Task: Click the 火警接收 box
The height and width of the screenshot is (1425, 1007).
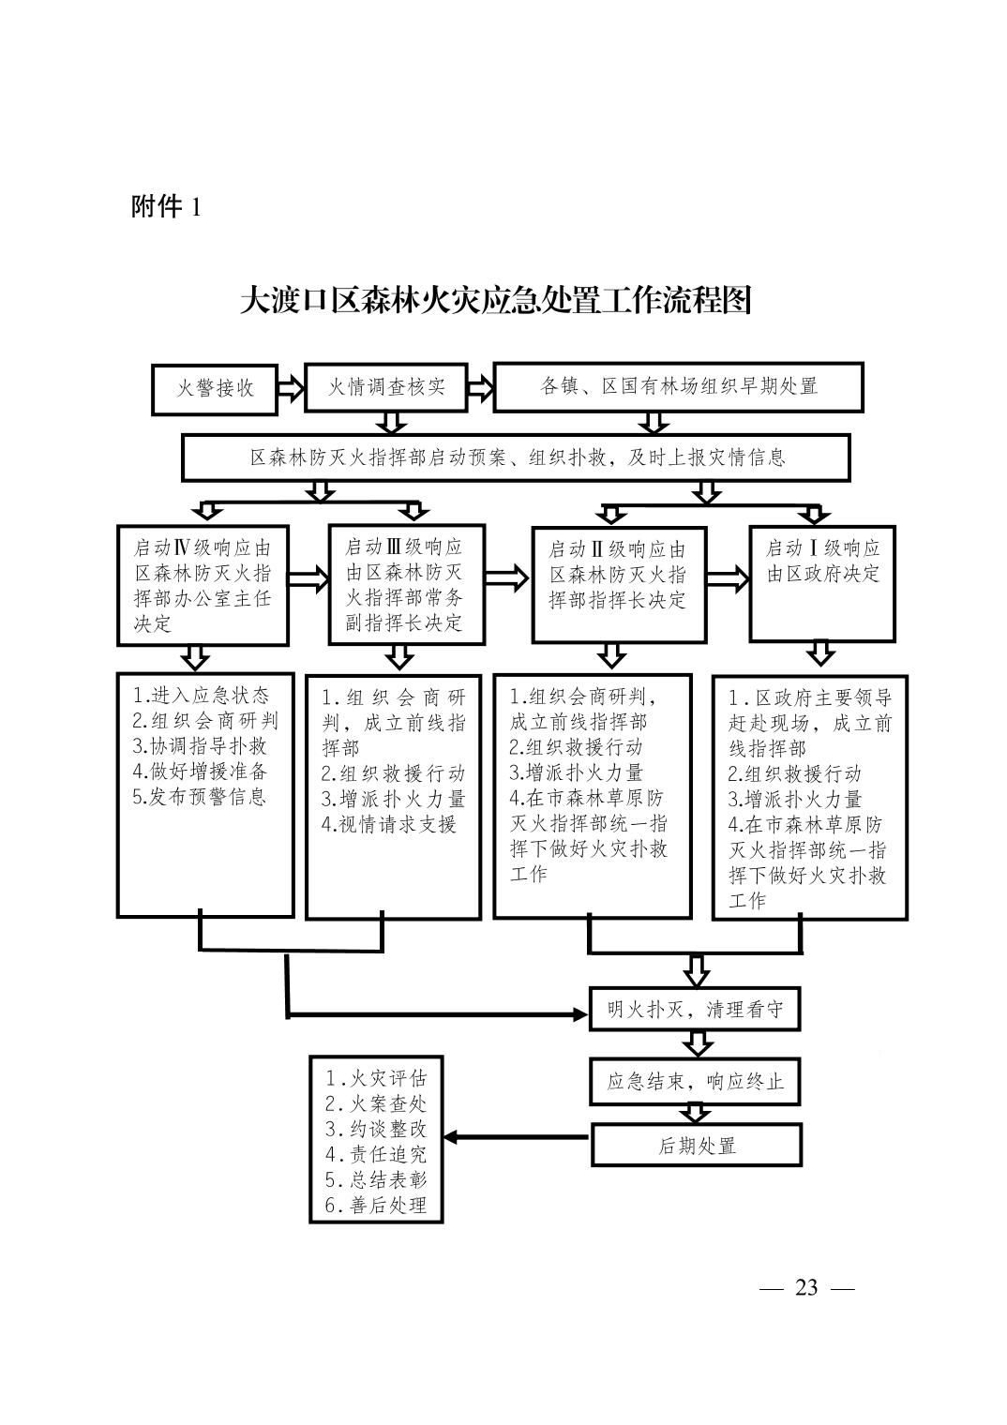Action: pos(215,389)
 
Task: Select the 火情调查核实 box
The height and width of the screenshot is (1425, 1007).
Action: pos(385,387)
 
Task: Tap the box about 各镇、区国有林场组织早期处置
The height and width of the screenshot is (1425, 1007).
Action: pos(678,387)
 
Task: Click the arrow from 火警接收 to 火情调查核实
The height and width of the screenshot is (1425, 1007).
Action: pos(291,388)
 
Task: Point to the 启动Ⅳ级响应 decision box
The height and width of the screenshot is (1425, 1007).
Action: pos(203,585)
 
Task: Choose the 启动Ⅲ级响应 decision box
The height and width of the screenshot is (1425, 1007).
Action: pos(406,585)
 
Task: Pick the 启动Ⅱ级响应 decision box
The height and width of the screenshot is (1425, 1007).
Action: pos(619,585)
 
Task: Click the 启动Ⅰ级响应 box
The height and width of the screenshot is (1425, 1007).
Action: pos(822,583)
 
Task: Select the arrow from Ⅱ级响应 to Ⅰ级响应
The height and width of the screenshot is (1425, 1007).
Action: pos(728,579)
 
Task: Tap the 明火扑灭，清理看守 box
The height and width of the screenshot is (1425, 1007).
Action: pos(694,1009)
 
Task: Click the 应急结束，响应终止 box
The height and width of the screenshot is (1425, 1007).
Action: pos(695,1081)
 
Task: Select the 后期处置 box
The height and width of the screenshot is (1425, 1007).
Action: pos(696,1145)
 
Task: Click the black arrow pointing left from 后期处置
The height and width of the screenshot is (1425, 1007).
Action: pos(516,1137)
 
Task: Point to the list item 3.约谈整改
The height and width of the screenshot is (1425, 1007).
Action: pos(375,1129)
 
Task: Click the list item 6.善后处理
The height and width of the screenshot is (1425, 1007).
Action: pos(375,1205)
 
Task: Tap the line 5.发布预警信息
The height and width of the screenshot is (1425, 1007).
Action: pos(200,797)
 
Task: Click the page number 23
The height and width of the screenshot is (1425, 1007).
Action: pos(806,1288)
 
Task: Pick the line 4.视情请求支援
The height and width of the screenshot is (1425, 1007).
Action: pos(389,824)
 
